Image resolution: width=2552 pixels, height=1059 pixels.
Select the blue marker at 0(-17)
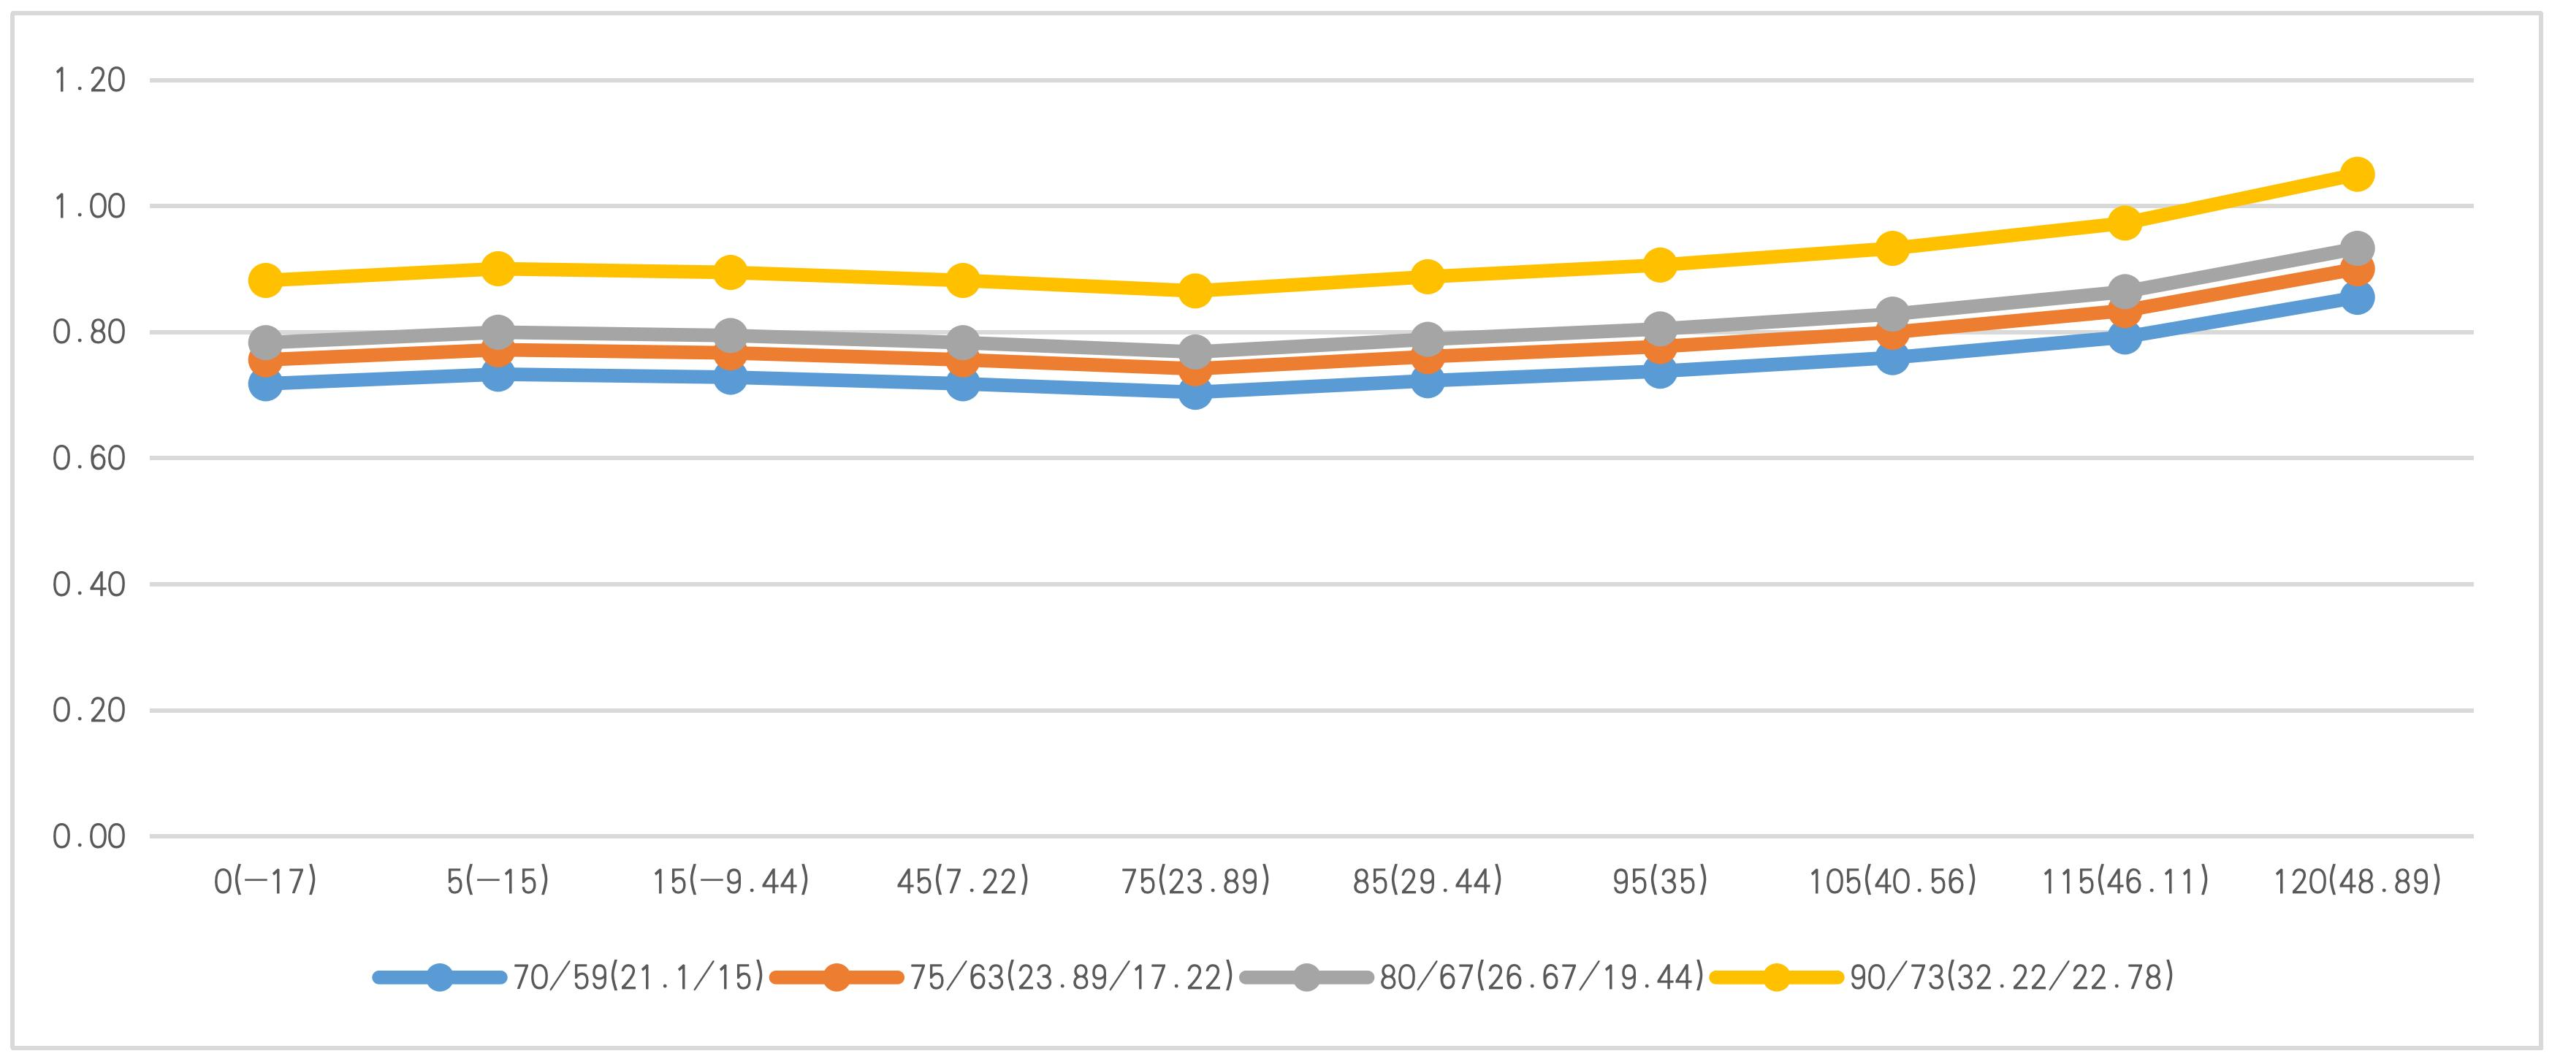[x=265, y=383]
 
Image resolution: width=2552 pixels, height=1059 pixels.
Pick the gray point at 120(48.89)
[x=2357, y=248]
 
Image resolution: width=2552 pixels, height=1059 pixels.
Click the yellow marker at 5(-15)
[x=498, y=267]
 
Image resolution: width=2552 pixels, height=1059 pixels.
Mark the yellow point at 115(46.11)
[x=2124, y=223]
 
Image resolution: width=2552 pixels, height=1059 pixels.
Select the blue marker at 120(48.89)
[x=2357, y=297]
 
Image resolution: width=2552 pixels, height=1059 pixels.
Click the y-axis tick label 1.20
[x=90, y=80]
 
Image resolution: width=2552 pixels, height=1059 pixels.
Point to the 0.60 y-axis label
[x=90, y=459]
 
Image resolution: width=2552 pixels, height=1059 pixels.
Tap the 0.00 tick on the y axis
[x=90, y=837]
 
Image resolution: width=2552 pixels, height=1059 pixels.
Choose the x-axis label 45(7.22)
[x=963, y=882]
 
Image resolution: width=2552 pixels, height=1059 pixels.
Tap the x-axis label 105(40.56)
[x=1892, y=882]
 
